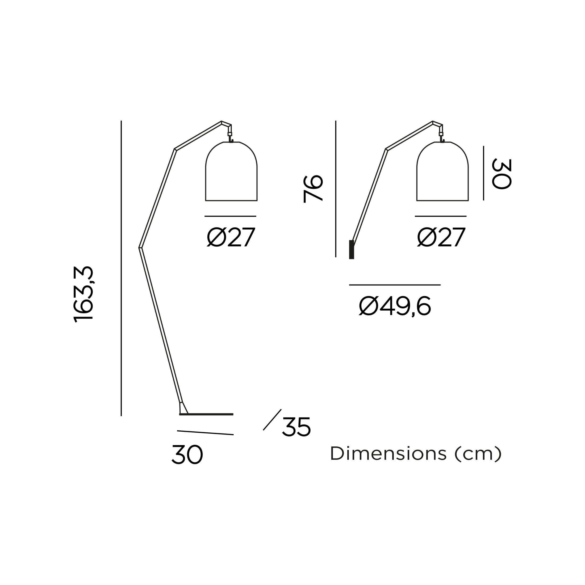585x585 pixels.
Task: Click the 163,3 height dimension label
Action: click(x=83, y=294)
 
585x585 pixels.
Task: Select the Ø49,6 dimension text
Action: click(x=395, y=306)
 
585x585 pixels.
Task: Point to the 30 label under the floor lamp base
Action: click(x=187, y=454)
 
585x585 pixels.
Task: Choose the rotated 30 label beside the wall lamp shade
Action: click(x=502, y=174)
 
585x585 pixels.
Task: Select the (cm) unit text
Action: click(x=478, y=454)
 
